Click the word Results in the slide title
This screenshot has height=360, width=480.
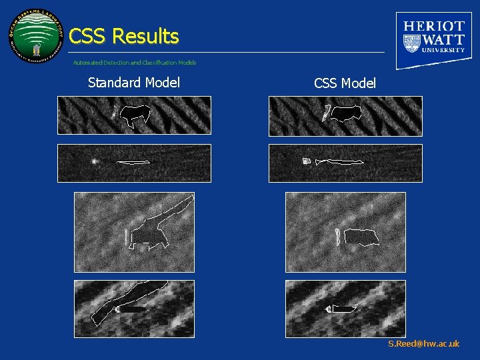146,36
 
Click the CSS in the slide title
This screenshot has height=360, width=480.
88,36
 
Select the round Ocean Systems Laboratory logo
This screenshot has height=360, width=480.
36,36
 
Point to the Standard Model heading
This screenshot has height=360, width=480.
134,83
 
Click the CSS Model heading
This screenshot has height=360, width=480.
345,83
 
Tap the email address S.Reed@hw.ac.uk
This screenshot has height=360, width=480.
424,344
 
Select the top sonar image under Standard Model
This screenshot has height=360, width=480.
134,115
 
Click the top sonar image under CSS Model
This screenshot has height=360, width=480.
345,116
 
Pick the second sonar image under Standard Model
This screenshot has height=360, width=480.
134,163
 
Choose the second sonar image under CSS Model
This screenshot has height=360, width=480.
345,163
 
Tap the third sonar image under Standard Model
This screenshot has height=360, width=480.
134,232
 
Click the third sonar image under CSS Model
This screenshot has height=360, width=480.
345,232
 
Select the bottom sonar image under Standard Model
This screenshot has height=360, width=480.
134,309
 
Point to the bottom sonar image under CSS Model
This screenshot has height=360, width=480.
345,309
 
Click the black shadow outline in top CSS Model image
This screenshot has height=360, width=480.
346,113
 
